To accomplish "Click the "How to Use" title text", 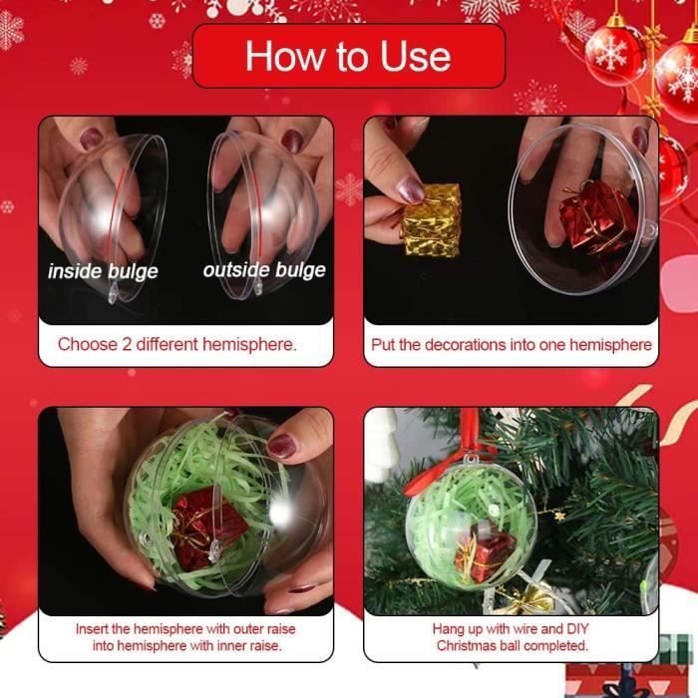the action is [348, 56].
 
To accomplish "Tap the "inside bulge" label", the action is [103, 271].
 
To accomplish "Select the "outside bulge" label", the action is [264, 270].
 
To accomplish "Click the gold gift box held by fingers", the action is [431, 220].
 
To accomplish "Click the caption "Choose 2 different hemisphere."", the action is [177, 345].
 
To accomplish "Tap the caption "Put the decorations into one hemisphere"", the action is [512, 345].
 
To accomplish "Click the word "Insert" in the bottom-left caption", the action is [92, 629].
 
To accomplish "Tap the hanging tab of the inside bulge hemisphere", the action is [113, 294].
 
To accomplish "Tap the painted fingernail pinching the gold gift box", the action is [411, 189].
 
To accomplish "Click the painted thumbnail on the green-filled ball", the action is [282, 446].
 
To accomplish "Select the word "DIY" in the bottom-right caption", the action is [577, 629].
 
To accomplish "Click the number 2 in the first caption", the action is [127, 345].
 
